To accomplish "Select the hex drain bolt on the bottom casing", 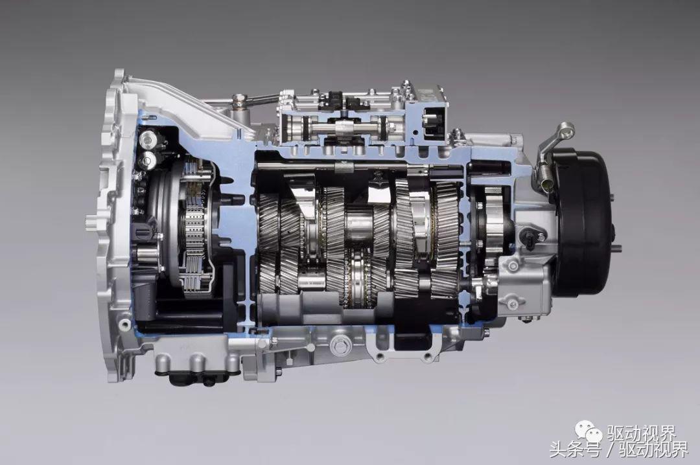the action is pos(338,345).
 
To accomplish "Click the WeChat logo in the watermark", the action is pos(589,432).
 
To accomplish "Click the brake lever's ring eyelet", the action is pos(566,130).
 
